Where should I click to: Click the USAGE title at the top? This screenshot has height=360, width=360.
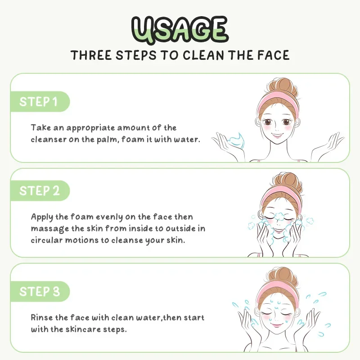point(180,29)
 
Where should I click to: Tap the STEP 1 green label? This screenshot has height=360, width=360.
point(39,101)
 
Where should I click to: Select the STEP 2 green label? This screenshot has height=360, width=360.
point(39,190)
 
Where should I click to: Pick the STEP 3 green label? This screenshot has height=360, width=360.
point(39,291)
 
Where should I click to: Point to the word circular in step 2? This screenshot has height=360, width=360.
point(46,240)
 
